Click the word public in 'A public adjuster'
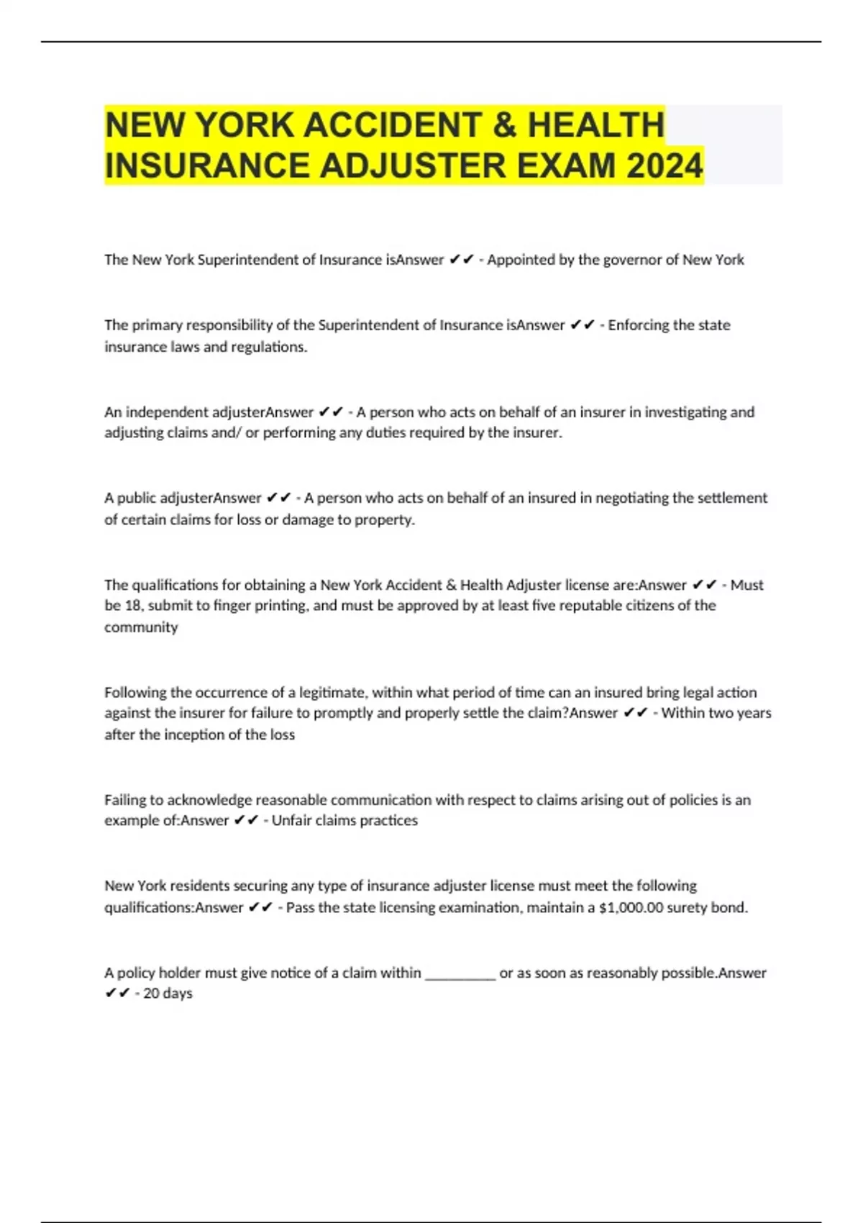(136, 498)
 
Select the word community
(141, 627)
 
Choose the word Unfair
(291, 821)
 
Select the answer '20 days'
(168, 994)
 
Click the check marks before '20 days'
(117, 994)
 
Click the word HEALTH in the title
(595, 125)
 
